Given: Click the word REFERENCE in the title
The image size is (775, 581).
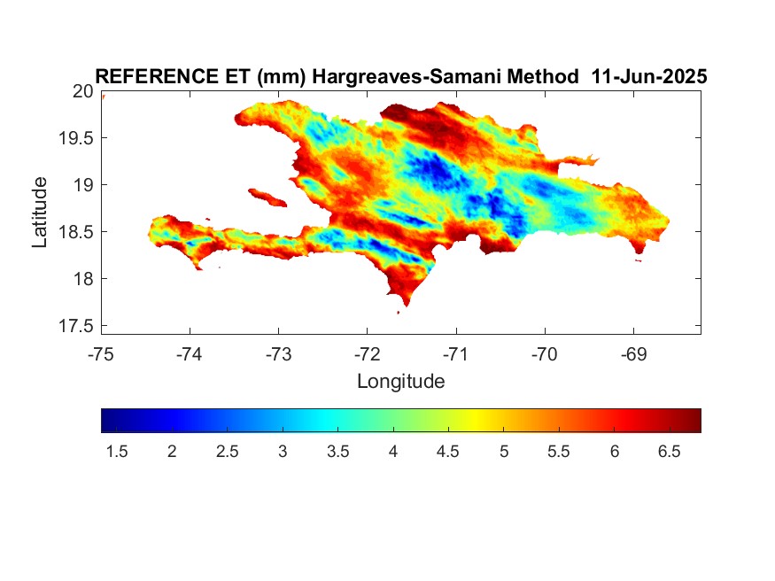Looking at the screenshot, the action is click(156, 76).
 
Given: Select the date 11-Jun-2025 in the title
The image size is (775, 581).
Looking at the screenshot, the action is click(649, 76).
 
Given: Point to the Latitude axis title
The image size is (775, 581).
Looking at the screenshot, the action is click(40, 212).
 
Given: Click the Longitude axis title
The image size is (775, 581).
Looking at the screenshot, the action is click(401, 382).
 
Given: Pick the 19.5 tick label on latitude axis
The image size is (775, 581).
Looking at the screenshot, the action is click(76, 138).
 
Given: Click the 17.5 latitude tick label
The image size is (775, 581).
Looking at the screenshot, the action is click(76, 326).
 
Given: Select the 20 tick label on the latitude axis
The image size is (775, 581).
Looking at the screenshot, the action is click(83, 91).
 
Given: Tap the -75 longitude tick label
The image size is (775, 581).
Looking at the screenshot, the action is click(101, 354).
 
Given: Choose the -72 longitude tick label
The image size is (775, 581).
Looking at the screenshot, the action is click(368, 354).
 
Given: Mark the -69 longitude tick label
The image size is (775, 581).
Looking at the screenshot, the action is click(633, 354).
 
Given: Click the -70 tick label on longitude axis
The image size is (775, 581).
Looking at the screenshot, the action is click(545, 354).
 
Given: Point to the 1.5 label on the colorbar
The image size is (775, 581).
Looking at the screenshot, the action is click(117, 452).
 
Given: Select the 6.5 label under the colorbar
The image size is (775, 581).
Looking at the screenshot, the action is click(670, 452).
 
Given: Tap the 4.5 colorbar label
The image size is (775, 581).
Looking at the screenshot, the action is click(448, 452).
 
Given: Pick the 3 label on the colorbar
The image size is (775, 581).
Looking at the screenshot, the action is click(283, 452).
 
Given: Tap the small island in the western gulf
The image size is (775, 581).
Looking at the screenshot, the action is click(267, 198).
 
